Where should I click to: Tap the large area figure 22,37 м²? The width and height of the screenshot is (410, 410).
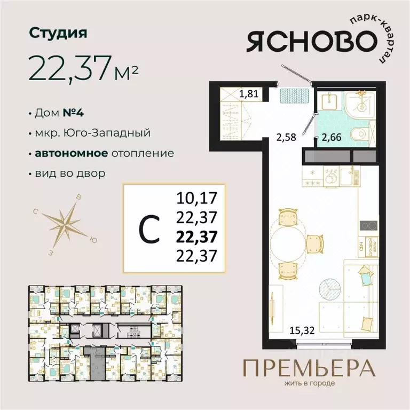click(85, 67)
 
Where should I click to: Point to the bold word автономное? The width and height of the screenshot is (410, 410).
click(70, 153)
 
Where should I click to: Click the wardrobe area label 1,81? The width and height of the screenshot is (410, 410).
click(248, 96)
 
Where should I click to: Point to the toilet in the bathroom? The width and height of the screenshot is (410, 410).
click(359, 134)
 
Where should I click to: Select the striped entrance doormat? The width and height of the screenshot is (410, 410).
click(293, 96)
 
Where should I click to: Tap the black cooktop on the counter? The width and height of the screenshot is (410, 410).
click(367, 226)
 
